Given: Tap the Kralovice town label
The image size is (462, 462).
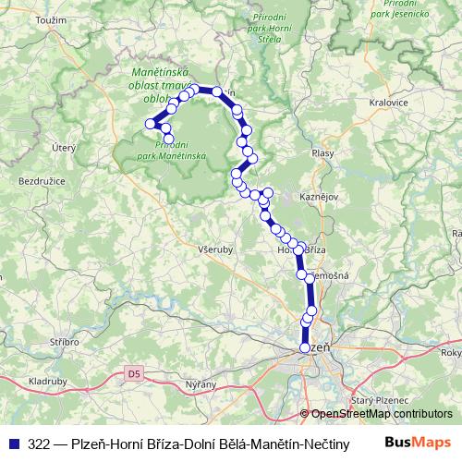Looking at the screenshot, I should (387, 103).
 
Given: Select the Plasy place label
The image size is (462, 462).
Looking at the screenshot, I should (323, 153).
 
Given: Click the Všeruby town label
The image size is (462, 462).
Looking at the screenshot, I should (213, 249).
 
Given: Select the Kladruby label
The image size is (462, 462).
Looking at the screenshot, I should (47, 380).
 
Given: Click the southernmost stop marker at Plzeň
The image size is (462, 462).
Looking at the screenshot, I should (305, 347).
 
